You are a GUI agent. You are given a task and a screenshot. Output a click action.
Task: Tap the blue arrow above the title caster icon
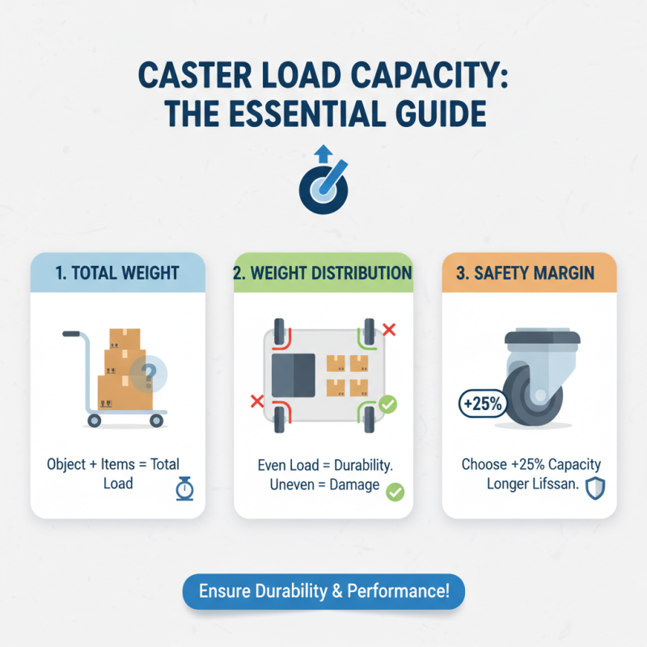[323, 154]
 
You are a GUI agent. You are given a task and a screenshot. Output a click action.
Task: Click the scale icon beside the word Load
[184, 489]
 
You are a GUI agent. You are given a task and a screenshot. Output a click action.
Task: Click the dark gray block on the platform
[294, 376]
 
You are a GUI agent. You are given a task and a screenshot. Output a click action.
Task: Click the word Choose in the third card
[483, 464]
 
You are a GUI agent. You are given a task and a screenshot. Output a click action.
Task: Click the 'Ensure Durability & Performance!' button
[323, 591]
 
